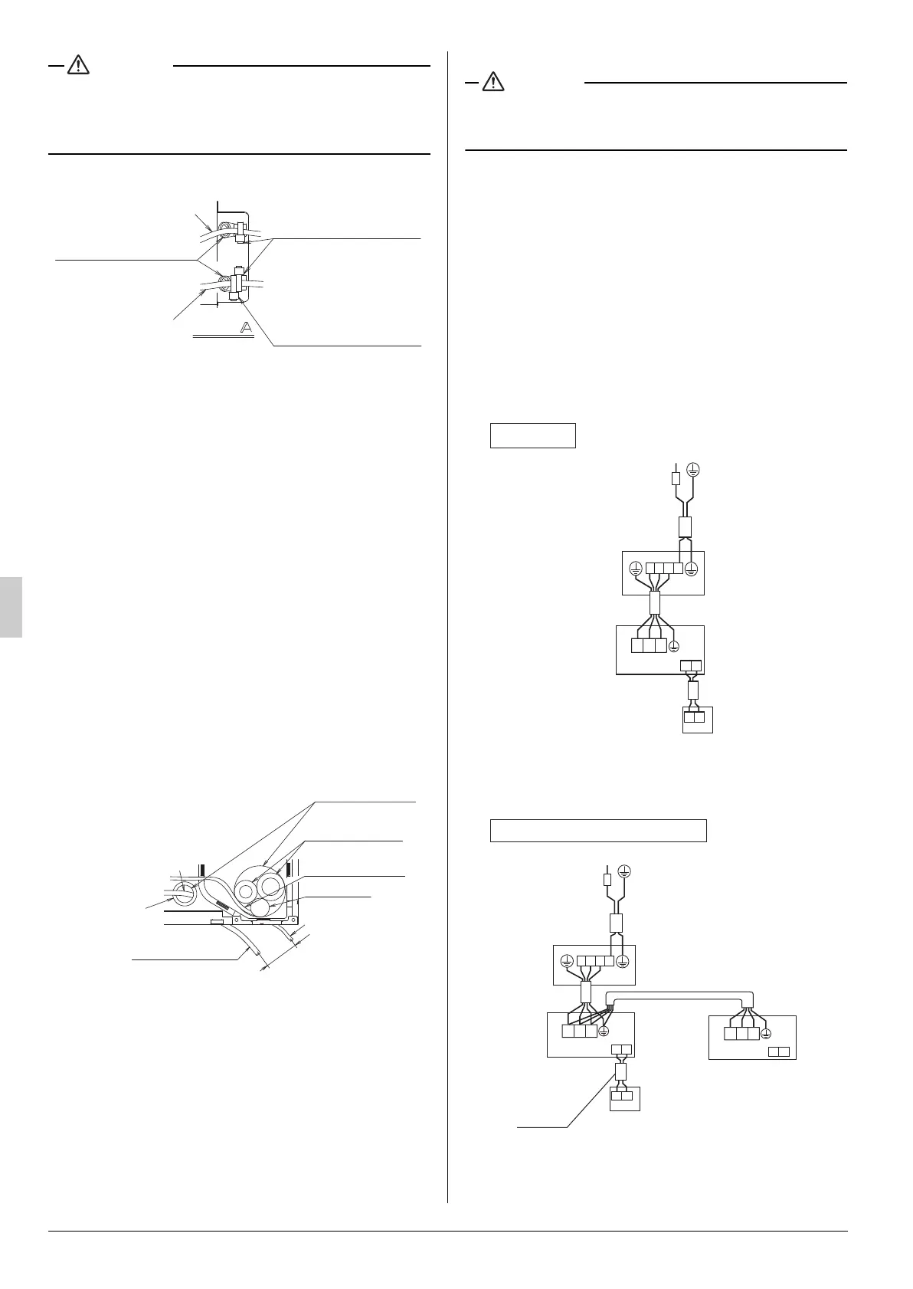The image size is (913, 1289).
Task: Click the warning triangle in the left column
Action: pyautogui.click(x=78, y=66)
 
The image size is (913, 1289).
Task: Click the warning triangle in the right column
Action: pyautogui.click(x=493, y=82)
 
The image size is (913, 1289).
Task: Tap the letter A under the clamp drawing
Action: pyautogui.click(x=246, y=328)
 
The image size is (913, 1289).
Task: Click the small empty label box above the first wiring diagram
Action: pyautogui.click(x=532, y=435)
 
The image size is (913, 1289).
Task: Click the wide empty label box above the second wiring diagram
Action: pyautogui.click(x=597, y=831)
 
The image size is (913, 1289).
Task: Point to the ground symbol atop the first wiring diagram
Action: pyautogui.click(x=693, y=469)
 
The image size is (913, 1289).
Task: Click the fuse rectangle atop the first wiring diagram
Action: pyautogui.click(x=675, y=478)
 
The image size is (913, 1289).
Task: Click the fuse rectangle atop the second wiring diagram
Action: pyautogui.click(x=607, y=879)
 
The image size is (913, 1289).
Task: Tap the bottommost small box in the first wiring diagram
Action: pyautogui.click(x=697, y=720)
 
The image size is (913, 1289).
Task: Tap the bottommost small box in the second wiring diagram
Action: pyautogui.click(x=624, y=1097)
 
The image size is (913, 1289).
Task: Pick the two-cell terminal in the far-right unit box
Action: pyautogui.click(x=778, y=1052)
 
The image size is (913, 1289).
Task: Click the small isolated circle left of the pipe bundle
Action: pyautogui.click(x=184, y=893)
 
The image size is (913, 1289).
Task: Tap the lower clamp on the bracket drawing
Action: pyautogui.click(x=236, y=281)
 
